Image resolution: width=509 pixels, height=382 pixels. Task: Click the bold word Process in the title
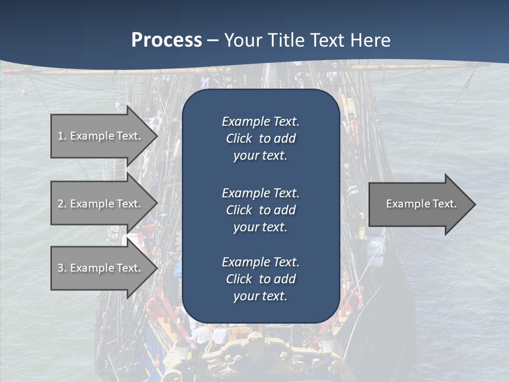coord(166,40)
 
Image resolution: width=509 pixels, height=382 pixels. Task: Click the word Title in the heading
coord(288,40)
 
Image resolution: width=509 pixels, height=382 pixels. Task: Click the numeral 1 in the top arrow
coord(60,136)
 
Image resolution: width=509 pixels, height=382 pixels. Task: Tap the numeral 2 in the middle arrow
coord(60,204)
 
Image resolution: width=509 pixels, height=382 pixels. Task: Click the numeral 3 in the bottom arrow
coord(60,268)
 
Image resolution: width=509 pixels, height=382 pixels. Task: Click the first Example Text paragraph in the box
coord(260,138)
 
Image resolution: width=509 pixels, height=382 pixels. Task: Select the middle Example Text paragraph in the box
coord(260,210)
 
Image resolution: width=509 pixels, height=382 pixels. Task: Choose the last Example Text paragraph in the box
coord(260,279)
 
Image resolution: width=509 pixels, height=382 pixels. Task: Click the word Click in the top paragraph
coord(239,138)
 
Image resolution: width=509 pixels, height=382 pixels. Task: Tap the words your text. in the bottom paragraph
coord(260,296)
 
